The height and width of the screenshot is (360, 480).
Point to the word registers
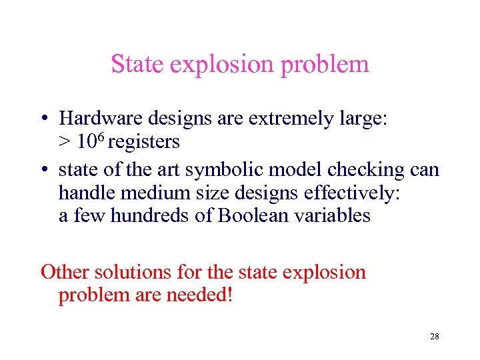[144, 141]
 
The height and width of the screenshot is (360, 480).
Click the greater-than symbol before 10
[65, 142]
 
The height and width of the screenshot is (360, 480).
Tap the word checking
[367, 170]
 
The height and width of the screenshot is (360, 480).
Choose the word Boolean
[256, 216]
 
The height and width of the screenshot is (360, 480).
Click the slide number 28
[435, 337]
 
